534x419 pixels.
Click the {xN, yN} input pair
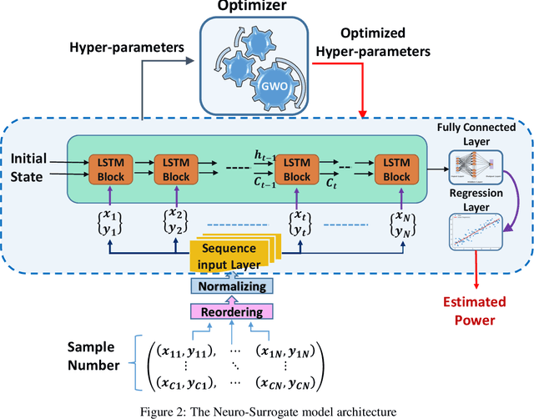click(395, 222)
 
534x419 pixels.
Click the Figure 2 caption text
click(266, 408)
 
